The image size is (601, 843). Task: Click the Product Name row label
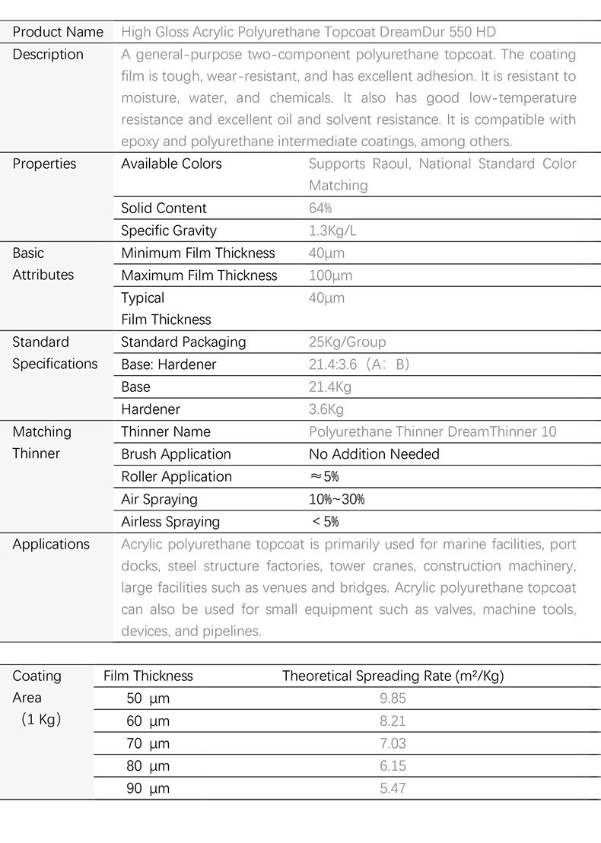(x=58, y=32)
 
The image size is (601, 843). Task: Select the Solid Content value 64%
(x=320, y=208)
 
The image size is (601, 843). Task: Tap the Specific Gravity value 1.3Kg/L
(x=332, y=231)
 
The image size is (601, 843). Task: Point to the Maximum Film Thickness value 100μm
(x=330, y=275)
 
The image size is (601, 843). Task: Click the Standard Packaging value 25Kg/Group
(x=347, y=342)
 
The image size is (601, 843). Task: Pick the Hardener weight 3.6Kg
(x=326, y=409)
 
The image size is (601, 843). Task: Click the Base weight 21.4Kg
(x=330, y=387)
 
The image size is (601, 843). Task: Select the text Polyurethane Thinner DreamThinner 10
(x=432, y=432)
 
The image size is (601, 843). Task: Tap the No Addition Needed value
(x=374, y=454)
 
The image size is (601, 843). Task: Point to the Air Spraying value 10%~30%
(x=336, y=499)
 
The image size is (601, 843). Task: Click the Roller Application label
(x=176, y=477)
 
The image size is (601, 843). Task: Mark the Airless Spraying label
(x=170, y=522)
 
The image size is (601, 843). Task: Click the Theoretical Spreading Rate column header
(x=393, y=676)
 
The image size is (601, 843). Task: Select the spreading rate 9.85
(x=393, y=698)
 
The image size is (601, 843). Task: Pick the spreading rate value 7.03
(x=393, y=743)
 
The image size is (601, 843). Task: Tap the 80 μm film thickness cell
(x=148, y=766)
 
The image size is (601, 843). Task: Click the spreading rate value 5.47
(x=393, y=788)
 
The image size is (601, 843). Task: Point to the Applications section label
(x=51, y=544)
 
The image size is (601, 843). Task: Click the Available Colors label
(x=171, y=164)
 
